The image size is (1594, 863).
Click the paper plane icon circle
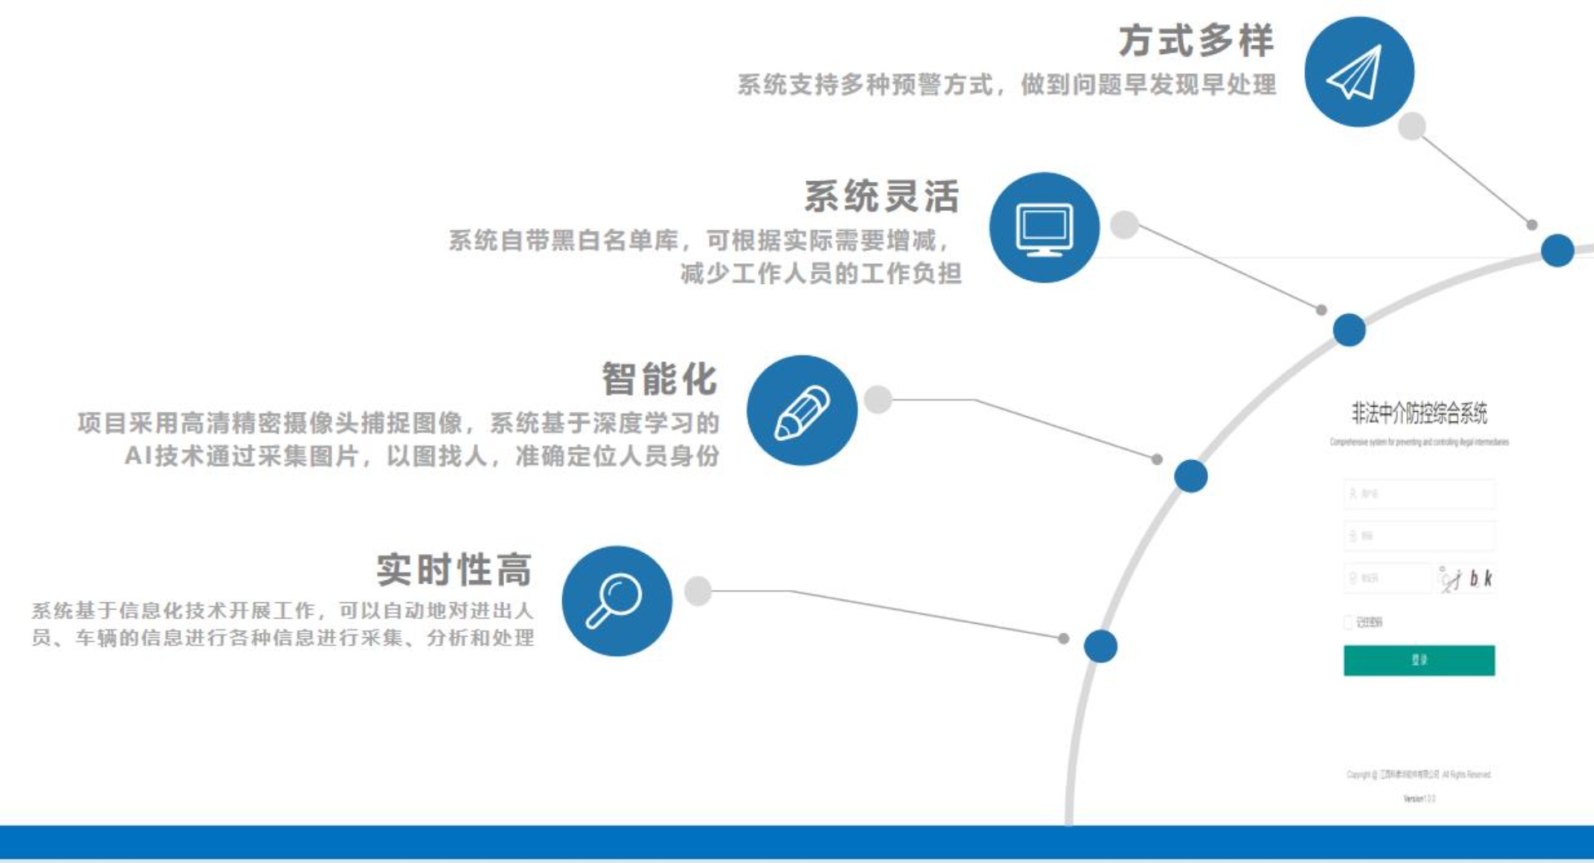(1359, 71)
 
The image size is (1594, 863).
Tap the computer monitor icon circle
(1044, 228)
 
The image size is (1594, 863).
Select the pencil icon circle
(802, 410)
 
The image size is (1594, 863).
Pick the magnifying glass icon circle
(617, 601)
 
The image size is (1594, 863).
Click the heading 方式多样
(1195, 41)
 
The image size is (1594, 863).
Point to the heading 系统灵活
(882, 197)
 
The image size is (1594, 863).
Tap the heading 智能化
(659, 380)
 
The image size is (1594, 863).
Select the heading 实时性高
(453, 570)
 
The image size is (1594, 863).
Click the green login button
(1419, 660)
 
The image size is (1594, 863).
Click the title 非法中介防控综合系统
(1419, 412)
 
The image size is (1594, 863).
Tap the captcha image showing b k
(1466, 578)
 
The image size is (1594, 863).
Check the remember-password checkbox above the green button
(1348, 622)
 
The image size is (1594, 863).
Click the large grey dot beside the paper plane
(1411, 126)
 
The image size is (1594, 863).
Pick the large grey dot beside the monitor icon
(1124, 224)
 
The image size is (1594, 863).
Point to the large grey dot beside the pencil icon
(878, 400)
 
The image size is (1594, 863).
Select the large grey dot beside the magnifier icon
(697, 591)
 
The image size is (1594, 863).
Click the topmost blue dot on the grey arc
(1557, 250)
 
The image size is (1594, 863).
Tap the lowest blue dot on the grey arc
(1101, 646)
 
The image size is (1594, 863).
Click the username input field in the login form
(1419, 493)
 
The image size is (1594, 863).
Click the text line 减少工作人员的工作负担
(820, 273)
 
